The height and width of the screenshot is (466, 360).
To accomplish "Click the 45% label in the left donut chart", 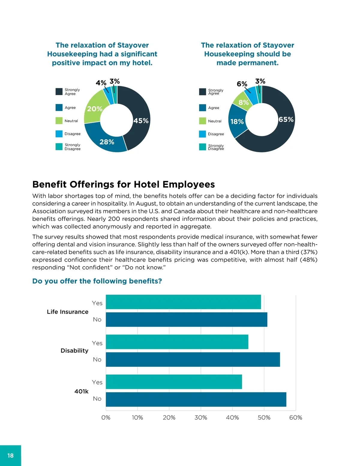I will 141,121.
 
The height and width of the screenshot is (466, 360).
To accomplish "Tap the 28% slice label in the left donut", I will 107,142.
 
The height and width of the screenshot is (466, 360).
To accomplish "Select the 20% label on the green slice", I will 95,109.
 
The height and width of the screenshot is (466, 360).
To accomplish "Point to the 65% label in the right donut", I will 286,119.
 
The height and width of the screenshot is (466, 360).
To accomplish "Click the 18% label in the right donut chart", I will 237,122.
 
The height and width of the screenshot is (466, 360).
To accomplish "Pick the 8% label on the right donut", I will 244,103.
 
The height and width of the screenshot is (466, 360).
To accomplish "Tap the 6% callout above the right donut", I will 242,84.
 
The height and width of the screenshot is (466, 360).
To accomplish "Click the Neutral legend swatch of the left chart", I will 59,121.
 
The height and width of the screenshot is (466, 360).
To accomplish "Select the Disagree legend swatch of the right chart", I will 202,134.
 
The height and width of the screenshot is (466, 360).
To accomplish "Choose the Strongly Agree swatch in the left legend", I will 59,92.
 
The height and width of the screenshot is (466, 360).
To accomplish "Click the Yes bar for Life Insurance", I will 183,302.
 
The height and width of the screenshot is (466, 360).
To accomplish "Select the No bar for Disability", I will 193,359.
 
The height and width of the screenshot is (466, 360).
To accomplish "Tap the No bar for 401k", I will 196,399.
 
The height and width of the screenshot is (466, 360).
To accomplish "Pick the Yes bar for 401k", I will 174,382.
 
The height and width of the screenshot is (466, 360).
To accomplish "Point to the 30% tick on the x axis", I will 201,417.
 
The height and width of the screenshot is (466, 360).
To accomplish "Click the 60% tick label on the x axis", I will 295,417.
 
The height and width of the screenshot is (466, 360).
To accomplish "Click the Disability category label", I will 74,350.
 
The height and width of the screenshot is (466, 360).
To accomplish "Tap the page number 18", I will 10,455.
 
